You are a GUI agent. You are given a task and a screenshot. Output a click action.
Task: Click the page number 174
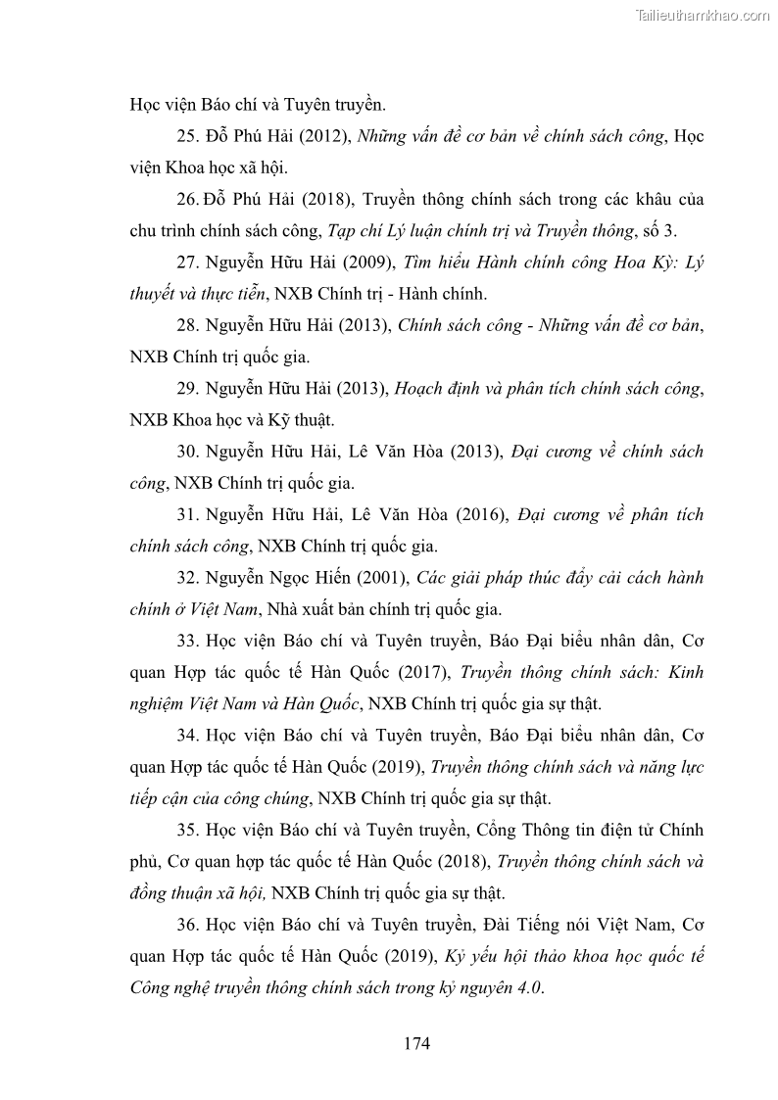pyautogui.click(x=416, y=1043)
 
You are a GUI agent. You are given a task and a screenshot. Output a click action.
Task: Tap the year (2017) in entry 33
pyautogui.click(x=422, y=672)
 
